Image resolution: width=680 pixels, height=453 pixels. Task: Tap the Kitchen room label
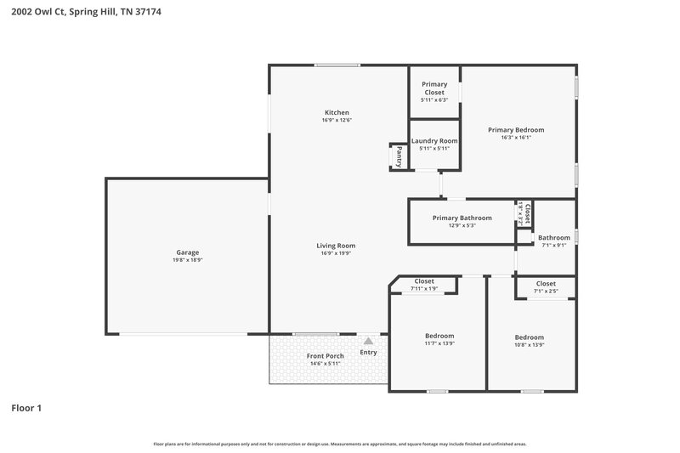[x=337, y=112]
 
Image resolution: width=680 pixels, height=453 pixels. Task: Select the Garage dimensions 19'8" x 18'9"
[x=188, y=260]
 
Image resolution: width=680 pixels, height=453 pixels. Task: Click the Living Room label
[x=337, y=246]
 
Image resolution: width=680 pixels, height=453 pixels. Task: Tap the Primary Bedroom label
[x=515, y=130]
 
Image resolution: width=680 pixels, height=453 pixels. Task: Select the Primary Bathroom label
[x=462, y=218]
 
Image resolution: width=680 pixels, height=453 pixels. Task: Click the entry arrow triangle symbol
[x=368, y=340]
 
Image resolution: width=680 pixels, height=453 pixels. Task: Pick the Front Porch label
[x=325, y=356]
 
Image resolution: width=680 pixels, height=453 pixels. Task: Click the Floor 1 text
[x=26, y=408]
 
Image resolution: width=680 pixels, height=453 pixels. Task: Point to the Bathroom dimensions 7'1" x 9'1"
[x=553, y=246]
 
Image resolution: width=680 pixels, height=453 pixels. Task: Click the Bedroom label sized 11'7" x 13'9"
[x=439, y=336]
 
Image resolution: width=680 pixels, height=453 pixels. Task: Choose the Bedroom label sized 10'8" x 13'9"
[x=529, y=337]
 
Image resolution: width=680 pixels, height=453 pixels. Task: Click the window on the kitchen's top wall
[x=337, y=65]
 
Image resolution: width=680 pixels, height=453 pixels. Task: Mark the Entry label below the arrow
[x=368, y=352]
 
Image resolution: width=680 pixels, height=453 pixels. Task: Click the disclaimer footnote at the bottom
[x=339, y=444]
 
